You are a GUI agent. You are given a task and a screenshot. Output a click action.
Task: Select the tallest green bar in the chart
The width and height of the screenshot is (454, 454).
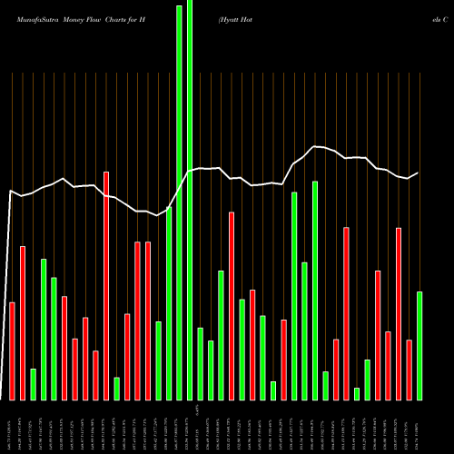click(x=190, y=200)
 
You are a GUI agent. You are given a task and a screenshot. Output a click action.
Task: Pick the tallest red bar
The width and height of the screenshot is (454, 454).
click(x=106, y=285)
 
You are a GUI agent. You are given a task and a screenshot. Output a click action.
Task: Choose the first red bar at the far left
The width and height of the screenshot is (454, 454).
click(x=13, y=350)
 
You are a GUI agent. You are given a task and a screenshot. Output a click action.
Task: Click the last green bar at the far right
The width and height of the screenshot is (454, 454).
click(x=419, y=345)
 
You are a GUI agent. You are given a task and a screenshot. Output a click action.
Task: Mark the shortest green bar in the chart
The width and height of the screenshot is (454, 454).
click(x=357, y=393)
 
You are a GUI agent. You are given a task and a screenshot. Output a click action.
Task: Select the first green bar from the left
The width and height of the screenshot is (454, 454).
click(x=34, y=384)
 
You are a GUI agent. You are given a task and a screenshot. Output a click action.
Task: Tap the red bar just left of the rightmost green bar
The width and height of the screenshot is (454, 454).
click(x=409, y=370)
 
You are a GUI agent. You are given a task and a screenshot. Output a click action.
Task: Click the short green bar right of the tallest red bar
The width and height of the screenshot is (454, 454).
click(x=116, y=389)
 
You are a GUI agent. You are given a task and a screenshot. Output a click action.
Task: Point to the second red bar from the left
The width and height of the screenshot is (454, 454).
click(x=23, y=322)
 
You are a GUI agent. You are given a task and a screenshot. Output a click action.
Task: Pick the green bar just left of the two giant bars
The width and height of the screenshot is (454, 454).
click(x=169, y=303)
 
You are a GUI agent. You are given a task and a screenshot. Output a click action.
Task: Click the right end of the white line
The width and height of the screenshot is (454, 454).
click(x=418, y=173)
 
